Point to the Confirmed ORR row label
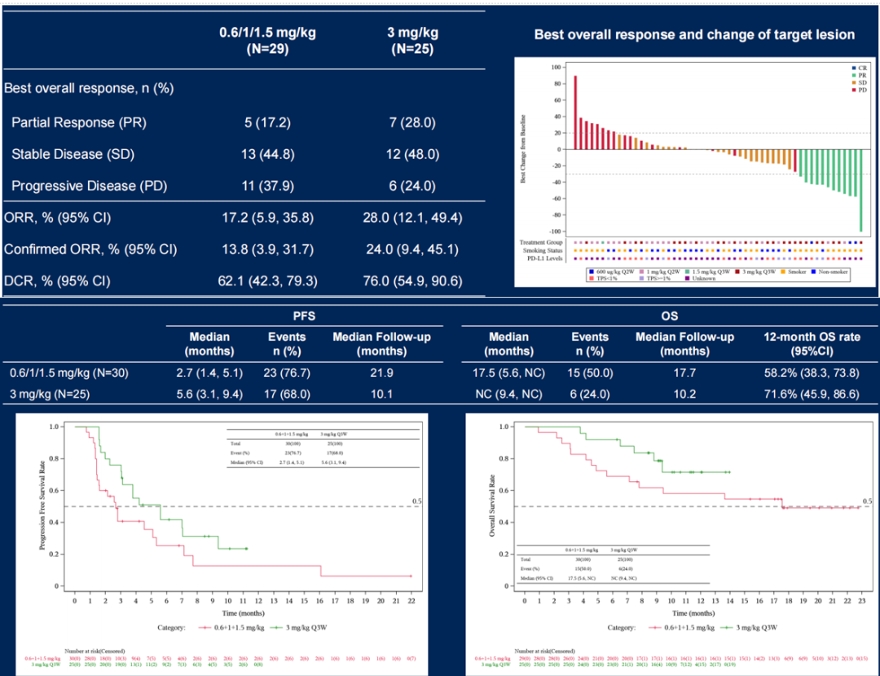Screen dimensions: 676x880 pos(90,250)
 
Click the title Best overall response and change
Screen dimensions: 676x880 pos(694,34)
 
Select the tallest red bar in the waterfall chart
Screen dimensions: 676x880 pos(575,113)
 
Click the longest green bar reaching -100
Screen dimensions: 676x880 pos(860,190)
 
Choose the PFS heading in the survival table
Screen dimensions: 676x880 pos(303,316)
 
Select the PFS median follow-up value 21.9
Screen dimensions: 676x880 pos(381,373)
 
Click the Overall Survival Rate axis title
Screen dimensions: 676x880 pos(492,506)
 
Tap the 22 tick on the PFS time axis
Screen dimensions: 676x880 pos(411,601)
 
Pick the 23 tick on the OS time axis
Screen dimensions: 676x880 pos(860,601)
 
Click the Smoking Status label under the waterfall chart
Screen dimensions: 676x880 pos(544,250)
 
